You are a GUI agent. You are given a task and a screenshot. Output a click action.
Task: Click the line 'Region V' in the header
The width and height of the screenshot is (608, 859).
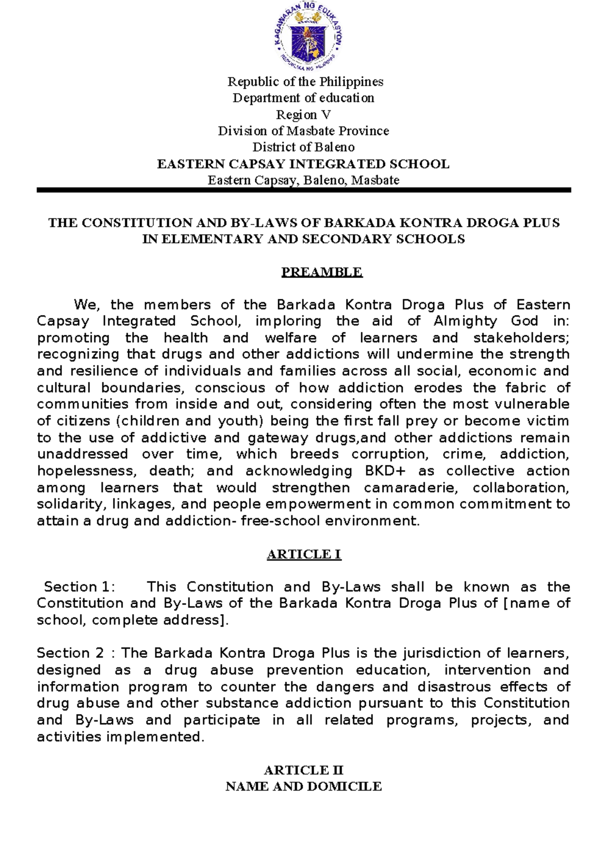[303, 114]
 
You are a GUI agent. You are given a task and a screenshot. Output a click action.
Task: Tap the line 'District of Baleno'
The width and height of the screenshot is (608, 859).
[303, 147]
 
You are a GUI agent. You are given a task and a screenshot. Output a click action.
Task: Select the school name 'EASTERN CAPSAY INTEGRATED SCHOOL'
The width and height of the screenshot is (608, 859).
[303, 164]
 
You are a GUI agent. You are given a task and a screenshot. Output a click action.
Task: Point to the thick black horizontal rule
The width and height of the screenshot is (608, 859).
[303, 190]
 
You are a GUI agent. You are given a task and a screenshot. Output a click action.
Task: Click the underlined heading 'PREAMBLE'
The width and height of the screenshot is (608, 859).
[322, 272]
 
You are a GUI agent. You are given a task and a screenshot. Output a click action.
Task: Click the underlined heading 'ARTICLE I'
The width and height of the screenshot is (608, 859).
[303, 554]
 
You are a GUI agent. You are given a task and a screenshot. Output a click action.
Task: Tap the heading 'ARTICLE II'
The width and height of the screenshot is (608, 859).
[303, 770]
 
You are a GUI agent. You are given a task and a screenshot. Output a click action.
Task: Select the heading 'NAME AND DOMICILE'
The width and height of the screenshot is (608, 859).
[303, 787]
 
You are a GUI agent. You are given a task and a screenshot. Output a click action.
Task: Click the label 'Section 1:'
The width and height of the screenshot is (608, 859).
[80, 587]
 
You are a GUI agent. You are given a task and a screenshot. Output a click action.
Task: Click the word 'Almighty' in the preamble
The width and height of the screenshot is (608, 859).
[465, 321]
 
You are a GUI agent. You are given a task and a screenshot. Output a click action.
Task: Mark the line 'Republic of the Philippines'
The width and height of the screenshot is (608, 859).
[305, 82]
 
